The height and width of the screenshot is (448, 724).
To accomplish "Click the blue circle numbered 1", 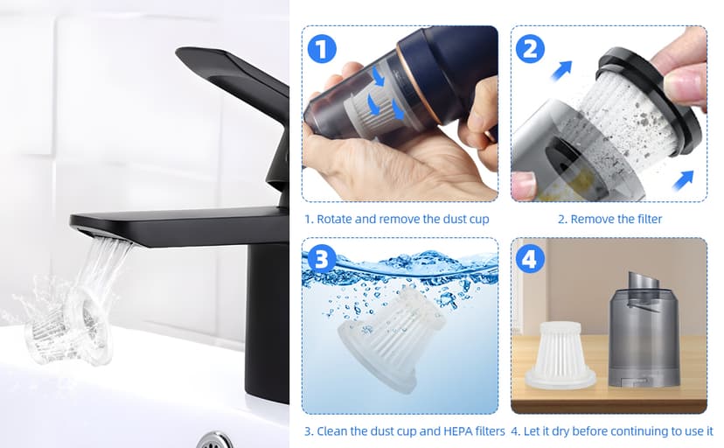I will point(322,48).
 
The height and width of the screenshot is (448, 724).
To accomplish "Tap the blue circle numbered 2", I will point(530,48).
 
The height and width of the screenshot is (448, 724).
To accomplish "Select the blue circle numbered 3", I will point(322,259).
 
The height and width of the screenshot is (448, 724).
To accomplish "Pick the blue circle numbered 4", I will point(530,259).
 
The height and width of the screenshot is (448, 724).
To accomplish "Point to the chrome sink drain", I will point(215,440).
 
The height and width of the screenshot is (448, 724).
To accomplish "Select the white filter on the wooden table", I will point(560,354).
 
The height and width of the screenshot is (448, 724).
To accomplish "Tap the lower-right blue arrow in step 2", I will point(683,180).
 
